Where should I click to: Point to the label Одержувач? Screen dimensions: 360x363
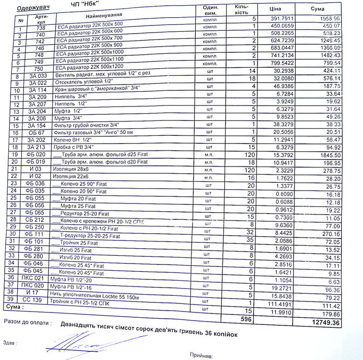pyautogui.click(x=30, y=8)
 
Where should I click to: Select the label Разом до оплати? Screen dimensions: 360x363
pyautogui.click(x=28, y=320)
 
